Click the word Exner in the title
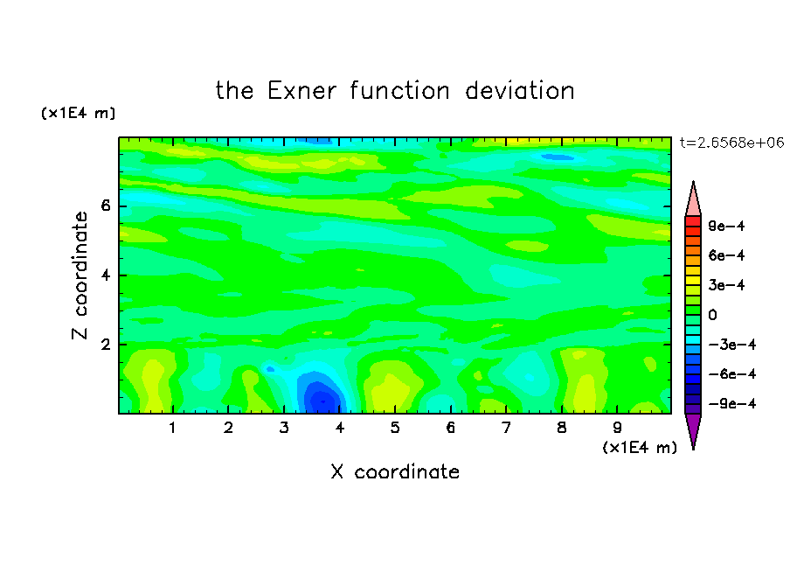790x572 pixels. tap(301, 91)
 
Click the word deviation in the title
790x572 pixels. tap(519, 91)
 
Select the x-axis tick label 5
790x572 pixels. tap(395, 428)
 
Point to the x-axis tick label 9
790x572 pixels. tap(617, 428)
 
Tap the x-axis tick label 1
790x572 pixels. tap(172, 428)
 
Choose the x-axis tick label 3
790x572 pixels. tap(284, 428)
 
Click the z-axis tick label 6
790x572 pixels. tap(105, 206)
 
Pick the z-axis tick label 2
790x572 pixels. tap(105, 345)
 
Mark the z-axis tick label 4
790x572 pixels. tap(105, 276)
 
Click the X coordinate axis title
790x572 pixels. tap(395, 471)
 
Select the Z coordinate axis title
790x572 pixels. tap(80, 276)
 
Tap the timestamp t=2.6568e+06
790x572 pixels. tap(731, 143)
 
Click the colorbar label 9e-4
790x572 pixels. tap(726, 226)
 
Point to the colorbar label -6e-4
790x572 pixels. tap(732, 374)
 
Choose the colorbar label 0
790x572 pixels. tap(712, 315)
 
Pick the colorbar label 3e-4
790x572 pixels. tap(726, 285)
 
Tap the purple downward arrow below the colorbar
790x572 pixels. tap(693, 429)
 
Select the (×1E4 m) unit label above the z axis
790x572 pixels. tap(78, 114)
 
